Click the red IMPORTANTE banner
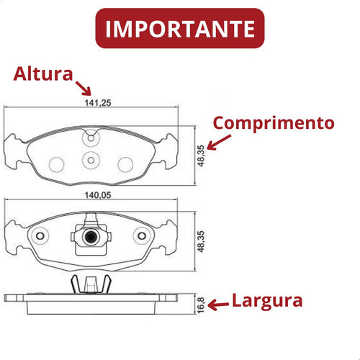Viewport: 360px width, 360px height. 180,28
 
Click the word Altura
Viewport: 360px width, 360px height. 43,74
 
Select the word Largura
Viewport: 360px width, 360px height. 267,302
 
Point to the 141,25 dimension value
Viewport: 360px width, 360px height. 98,103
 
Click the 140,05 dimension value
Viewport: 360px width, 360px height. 98,195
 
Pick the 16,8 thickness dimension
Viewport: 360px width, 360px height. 201,305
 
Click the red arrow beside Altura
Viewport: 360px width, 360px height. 84,88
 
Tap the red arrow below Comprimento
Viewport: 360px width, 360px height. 218,143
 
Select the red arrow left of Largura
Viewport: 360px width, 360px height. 218,305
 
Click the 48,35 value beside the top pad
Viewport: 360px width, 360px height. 201,156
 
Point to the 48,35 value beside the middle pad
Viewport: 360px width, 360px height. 201,241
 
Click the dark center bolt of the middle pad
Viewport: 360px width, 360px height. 91,237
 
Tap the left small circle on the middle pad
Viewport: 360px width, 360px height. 40,236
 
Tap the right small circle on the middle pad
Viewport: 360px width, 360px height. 142,236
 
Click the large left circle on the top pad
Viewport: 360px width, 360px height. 56,164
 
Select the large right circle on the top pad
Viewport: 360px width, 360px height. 125,164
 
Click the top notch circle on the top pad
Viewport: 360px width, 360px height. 91,138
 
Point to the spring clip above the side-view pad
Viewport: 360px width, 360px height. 91,284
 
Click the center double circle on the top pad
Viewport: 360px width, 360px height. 91,160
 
